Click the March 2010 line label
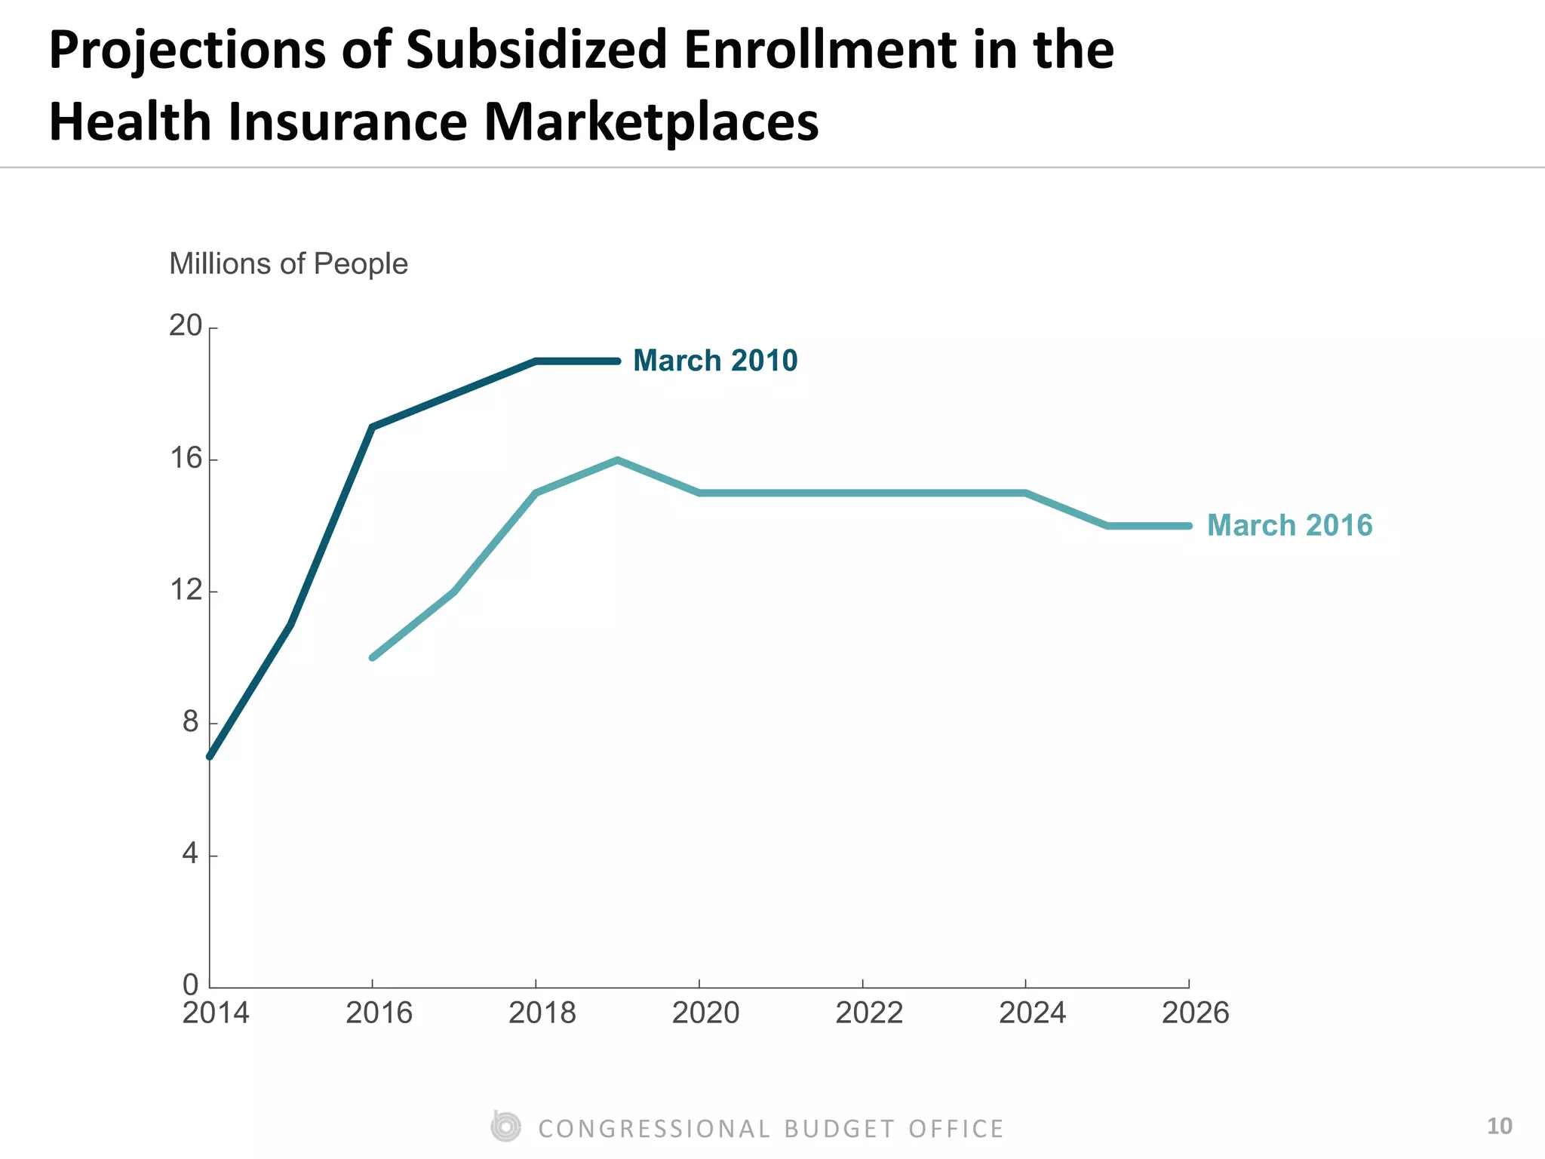(x=714, y=361)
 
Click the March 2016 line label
(x=1289, y=525)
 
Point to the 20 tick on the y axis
(x=186, y=326)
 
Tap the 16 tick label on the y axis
(x=186, y=458)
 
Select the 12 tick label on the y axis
(x=186, y=590)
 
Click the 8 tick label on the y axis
(x=190, y=722)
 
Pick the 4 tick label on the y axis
(x=190, y=854)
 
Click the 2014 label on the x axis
(x=216, y=1013)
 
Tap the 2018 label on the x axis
(x=542, y=1013)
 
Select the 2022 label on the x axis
(x=868, y=1013)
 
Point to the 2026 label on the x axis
(x=1195, y=1013)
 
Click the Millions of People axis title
(x=288, y=264)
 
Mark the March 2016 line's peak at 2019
(x=617, y=460)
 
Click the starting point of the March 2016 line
(x=373, y=657)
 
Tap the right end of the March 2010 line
(x=617, y=361)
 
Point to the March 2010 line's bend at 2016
(x=373, y=427)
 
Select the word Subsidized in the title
(x=536, y=50)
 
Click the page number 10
(x=1499, y=1127)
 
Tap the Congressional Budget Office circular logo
(x=505, y=1127)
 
